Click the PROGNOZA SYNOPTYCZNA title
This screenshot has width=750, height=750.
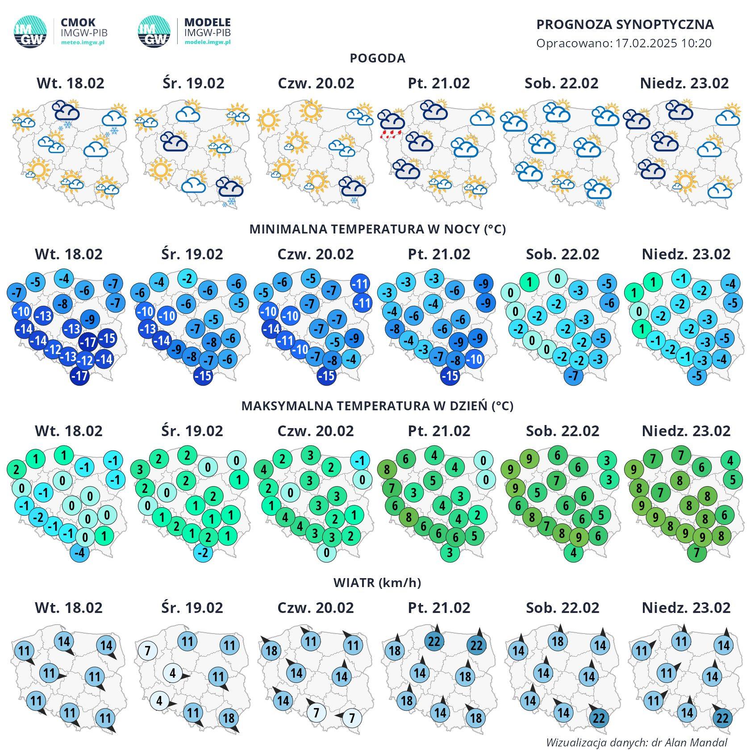[x=625, y=25]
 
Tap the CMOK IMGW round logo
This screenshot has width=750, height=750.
[x=30, y=32]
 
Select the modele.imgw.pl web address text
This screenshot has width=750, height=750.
[x=208, y=42]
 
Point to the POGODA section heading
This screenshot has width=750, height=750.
[x=377, y=58]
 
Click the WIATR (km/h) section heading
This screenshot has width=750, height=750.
[x=377, y=583]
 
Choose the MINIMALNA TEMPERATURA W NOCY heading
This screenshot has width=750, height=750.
[x=377, y=229]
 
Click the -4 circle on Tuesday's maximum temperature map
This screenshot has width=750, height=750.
[x=80, y=553]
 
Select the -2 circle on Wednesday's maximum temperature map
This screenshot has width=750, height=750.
[x=203, y=553]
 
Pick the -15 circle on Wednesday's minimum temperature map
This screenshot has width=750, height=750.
[x=203, y=376]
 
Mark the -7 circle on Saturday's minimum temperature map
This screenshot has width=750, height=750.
[x=574, y=376]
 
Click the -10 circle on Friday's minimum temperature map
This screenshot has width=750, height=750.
[x=475, y=359]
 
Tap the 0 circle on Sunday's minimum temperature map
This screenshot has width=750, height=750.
[x=639, y=311]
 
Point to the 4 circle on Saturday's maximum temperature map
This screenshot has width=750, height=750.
[x=574, y=553]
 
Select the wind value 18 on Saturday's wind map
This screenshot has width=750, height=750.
[x=558, y=642]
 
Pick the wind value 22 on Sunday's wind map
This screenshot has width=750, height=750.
[x=722, y=718]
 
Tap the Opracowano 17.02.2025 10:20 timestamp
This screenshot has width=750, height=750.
[x=624, y=43]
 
